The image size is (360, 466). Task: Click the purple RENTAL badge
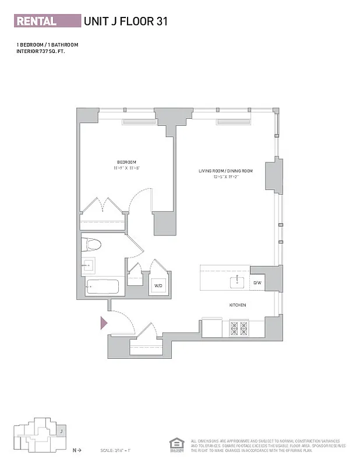pyautogui.click(x=47, y=21)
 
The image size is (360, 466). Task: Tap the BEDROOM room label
pyautogui.click(x=126, y=162)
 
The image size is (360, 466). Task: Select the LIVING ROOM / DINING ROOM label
pyautogui.click(x=225, y=171)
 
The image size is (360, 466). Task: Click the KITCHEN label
pyautogui.click(x=237, y=305)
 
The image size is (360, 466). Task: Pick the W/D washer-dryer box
pyautogui.click(x=158, y=285)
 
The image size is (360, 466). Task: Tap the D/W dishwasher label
pyautogui.click(x=257, y=283)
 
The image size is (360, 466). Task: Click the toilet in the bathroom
pyautogui.click(x=91, y=243)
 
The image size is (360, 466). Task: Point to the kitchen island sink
pyautogui.click(x=237, y=283)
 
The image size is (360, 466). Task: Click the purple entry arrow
pyautogui.click(x=104, y=322)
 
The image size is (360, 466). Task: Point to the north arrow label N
pyautogui.click(x=75, y=450)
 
